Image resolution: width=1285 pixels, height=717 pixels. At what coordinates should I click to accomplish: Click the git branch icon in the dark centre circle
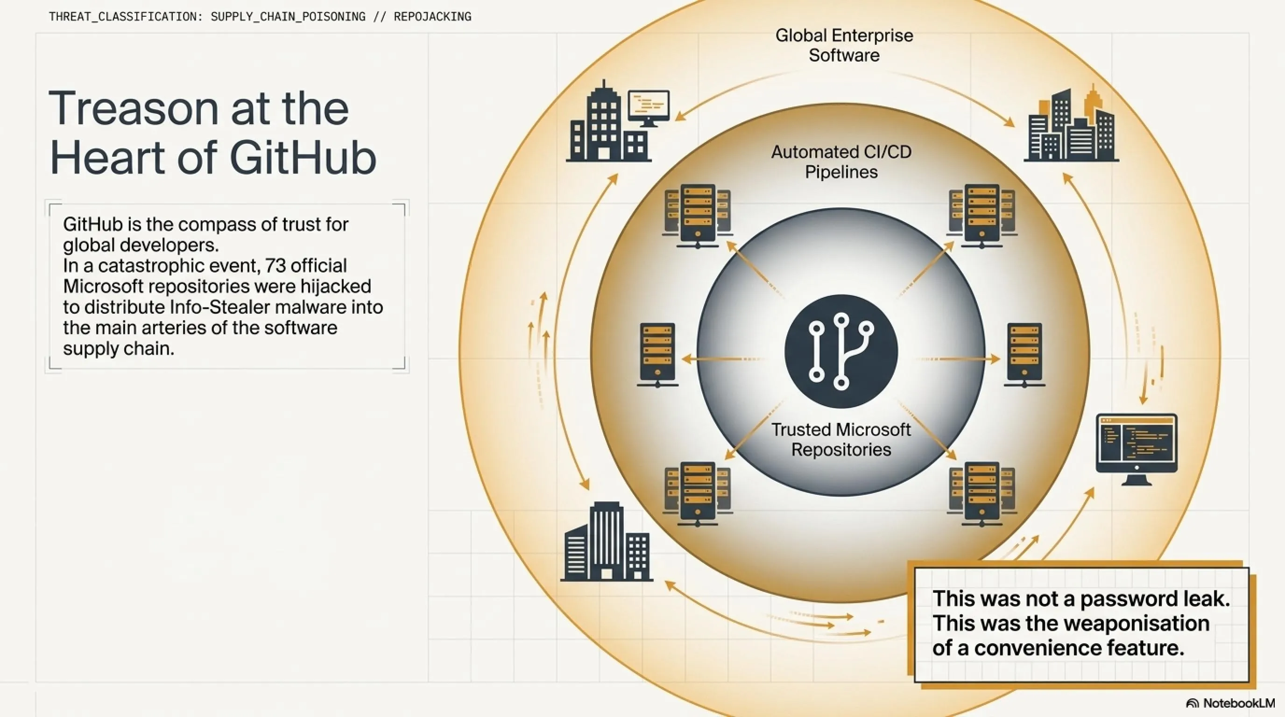841,351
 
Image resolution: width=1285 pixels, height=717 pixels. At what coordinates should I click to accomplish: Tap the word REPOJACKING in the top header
432,16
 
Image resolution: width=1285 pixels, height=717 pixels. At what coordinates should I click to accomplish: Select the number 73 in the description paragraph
275,265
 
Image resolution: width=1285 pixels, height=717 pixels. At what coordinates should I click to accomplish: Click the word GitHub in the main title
303,158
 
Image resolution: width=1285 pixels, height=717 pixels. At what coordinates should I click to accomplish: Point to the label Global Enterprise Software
844,45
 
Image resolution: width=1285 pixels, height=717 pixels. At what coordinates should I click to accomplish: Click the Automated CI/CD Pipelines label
841,162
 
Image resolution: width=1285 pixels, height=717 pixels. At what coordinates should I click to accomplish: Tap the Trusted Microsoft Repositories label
841,439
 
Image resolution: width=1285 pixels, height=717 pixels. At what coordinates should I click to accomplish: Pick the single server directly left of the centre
657,354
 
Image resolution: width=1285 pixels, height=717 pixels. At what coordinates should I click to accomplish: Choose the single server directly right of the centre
1024,354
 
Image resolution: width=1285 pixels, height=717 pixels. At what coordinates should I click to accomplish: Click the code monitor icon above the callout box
1137,449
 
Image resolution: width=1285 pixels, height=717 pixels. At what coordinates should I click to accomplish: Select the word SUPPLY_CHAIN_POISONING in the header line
288,16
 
